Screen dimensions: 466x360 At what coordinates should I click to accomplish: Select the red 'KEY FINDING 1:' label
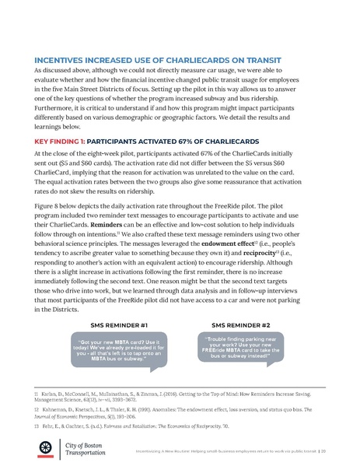[67, 143]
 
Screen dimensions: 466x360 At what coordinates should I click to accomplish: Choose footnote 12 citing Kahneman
[179, 412]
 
